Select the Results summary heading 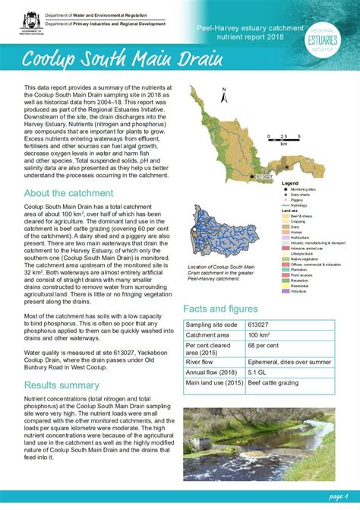tap(62, 385)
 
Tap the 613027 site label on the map tap(264, 176)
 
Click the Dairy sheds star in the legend tap(285, 195)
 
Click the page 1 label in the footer tap(339, 496)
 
